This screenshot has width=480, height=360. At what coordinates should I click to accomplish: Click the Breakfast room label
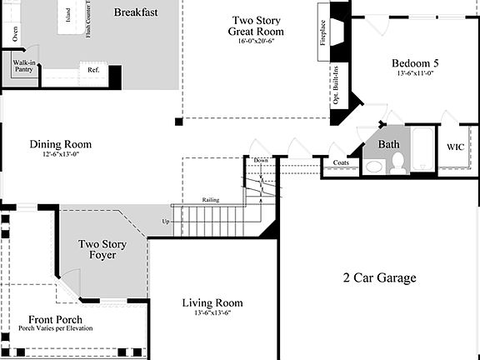(x=137, y=12)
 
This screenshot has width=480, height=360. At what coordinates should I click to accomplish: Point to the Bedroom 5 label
(x=414, y=63)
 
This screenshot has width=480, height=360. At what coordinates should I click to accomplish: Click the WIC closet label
(x=455, y=147)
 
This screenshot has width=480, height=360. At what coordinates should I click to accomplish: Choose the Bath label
(x=389, y=144)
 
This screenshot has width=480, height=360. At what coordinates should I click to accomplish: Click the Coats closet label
(x=340, y=163)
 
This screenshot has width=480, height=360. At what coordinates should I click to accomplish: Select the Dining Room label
(x=61, y=144)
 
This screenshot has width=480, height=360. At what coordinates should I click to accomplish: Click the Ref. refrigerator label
(x=93, y=70)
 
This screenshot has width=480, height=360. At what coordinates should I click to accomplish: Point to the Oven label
(x=14, y=35)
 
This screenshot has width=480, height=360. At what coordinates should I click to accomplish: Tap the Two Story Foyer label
(x=102, y=249)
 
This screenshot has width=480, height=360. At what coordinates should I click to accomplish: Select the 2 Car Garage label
(x=379, y=277)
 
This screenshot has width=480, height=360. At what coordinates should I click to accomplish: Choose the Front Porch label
(x=56, y=320)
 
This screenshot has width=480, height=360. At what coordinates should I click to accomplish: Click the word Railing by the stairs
(x=210, y=200)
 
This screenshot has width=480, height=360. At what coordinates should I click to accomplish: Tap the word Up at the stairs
(x=165, y=222)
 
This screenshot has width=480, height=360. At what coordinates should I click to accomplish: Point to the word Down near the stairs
(x=261, y=160)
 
